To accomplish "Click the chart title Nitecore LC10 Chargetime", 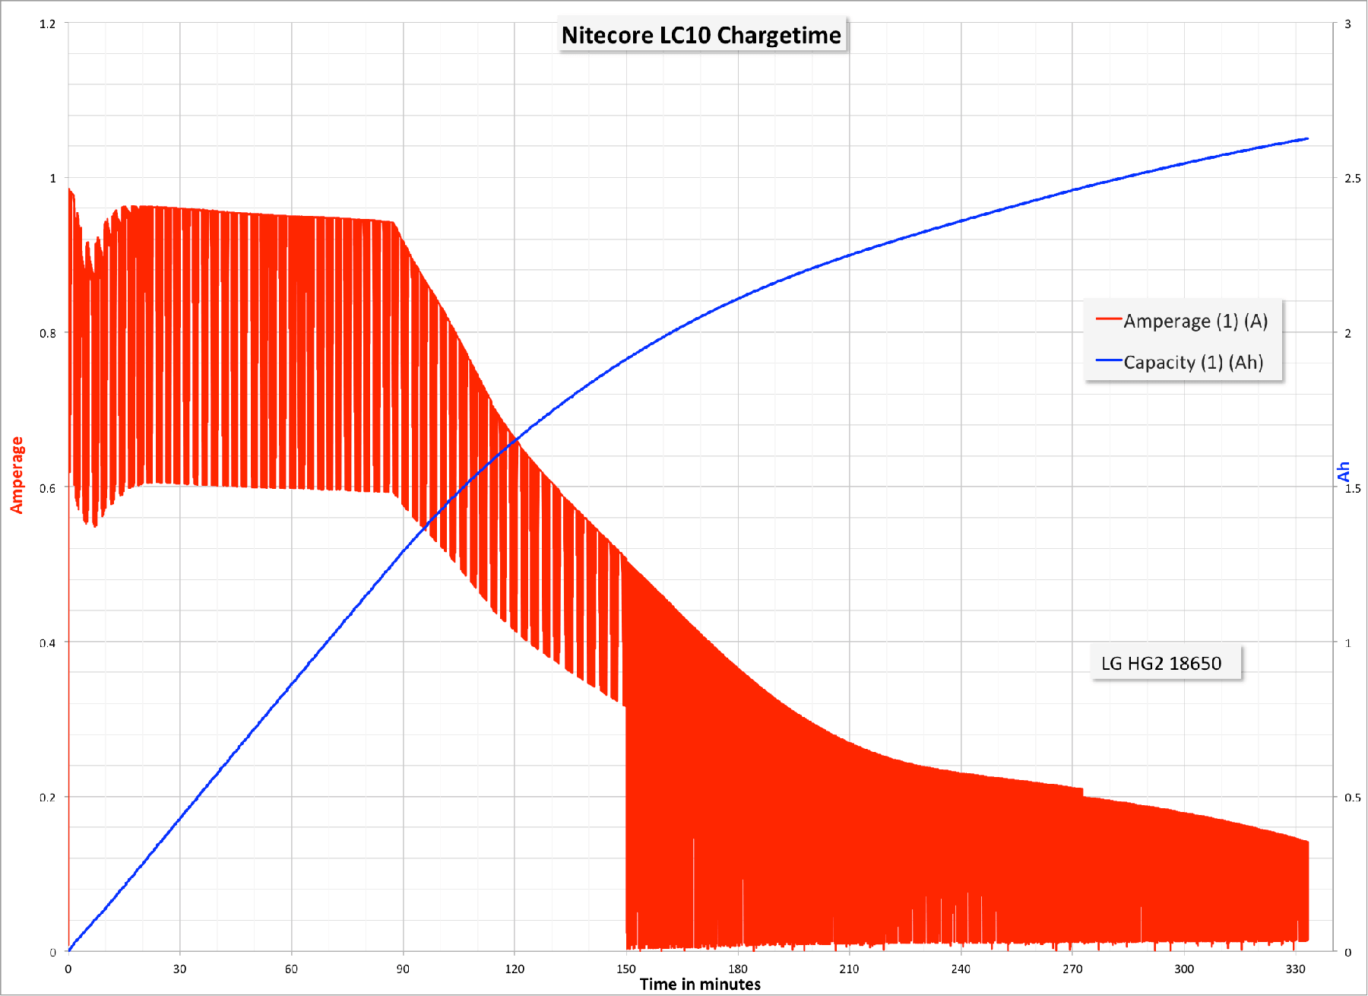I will click(701, 35).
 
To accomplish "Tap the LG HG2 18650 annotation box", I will click(1161, 664).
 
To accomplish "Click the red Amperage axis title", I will click(17, 475).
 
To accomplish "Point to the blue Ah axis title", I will click(1344, 472).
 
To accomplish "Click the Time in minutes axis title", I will click(700, 985).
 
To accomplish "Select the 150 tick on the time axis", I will click(626, 969).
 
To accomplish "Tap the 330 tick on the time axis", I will click(1296, 969).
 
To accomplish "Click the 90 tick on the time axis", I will click(403, 969).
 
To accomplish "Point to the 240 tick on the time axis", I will click(961, 969).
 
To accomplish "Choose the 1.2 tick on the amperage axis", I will click(47, 24).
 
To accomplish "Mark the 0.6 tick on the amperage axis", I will click(47, 488).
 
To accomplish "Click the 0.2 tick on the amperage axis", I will click(47, 798).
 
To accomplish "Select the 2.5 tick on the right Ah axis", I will click(1353, 179).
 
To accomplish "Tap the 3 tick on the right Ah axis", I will click(1348, 24).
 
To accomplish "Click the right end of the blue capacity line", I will click(1307, 139).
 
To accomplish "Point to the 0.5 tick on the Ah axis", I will click(1353, 798).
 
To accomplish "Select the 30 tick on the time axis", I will click(179, 969).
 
